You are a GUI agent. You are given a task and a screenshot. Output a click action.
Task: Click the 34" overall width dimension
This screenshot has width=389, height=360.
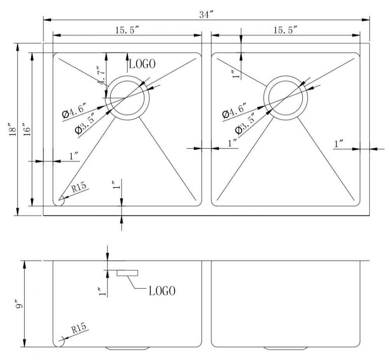pyautogui.click(x=207, y=15)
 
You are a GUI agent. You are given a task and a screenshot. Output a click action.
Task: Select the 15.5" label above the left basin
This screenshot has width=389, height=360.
pyautogui.click(x=127, y=30)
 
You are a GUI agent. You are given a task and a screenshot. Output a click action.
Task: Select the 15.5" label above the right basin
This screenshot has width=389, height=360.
pyautogui.click(x=285, y=30)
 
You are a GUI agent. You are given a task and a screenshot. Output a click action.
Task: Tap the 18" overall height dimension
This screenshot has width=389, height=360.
pyautogui.click(x=12, y=129)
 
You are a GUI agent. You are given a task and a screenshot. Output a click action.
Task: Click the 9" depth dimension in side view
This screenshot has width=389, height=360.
pyautogui.click(x=19, y=304)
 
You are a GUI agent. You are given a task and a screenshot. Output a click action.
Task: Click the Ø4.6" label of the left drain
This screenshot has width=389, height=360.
pyautogui.click(x=74, y=110)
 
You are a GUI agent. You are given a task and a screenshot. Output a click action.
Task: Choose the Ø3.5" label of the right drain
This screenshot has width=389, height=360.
pyautogui.click(x=245, y=124)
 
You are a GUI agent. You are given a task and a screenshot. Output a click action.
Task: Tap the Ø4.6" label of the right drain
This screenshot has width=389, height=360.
pyautogui.click(x=235, y=110)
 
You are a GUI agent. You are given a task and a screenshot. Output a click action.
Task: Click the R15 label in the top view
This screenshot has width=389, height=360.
pyautogui.click(x=79, y=187)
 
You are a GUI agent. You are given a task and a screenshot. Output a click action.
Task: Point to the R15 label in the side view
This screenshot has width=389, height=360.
pyautogui.click(x=79, y=328)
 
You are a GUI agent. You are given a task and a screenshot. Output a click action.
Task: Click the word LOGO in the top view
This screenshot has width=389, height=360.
pyautogui.click(x=142, y=64)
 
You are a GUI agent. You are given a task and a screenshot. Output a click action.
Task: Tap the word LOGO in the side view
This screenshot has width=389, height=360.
pyautogui.click(x=162, y=291)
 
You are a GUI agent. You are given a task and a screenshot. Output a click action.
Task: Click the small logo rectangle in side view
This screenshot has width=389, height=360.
pyautogui.click(x=127, y=273)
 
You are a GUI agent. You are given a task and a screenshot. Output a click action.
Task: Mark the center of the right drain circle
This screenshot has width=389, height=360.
pyautogui.click(x=286, y=98)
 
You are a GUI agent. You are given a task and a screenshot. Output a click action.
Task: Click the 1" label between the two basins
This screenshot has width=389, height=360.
pyautogui.click(x=232, y=143)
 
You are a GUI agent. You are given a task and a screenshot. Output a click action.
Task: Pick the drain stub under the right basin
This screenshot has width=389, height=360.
pyautogui.click(x=286, y=348)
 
